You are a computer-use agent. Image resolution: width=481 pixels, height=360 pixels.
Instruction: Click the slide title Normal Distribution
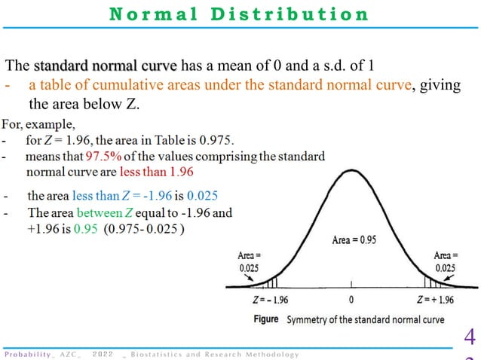coord(240,14)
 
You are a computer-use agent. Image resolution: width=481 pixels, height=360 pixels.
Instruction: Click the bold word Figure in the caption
coord(266,319)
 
